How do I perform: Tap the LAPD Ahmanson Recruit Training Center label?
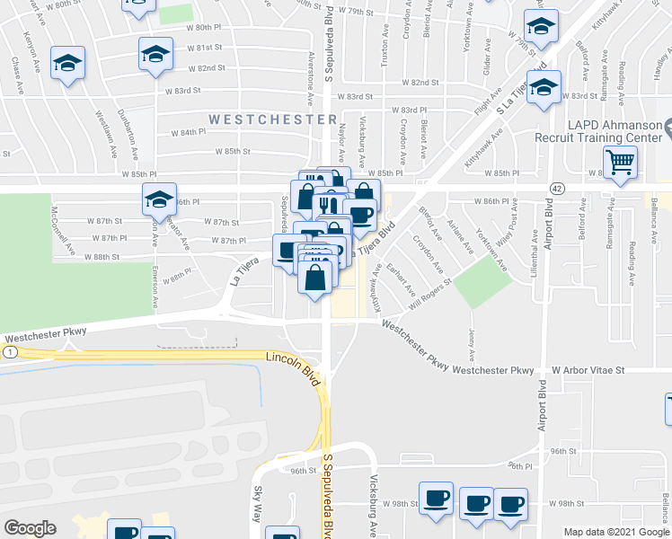pos(597,131)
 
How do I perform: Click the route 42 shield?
pos(558,188)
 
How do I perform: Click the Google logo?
pos(30,527)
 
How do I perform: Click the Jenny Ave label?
pos(472,342)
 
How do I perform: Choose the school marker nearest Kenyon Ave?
pos(67,64)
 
